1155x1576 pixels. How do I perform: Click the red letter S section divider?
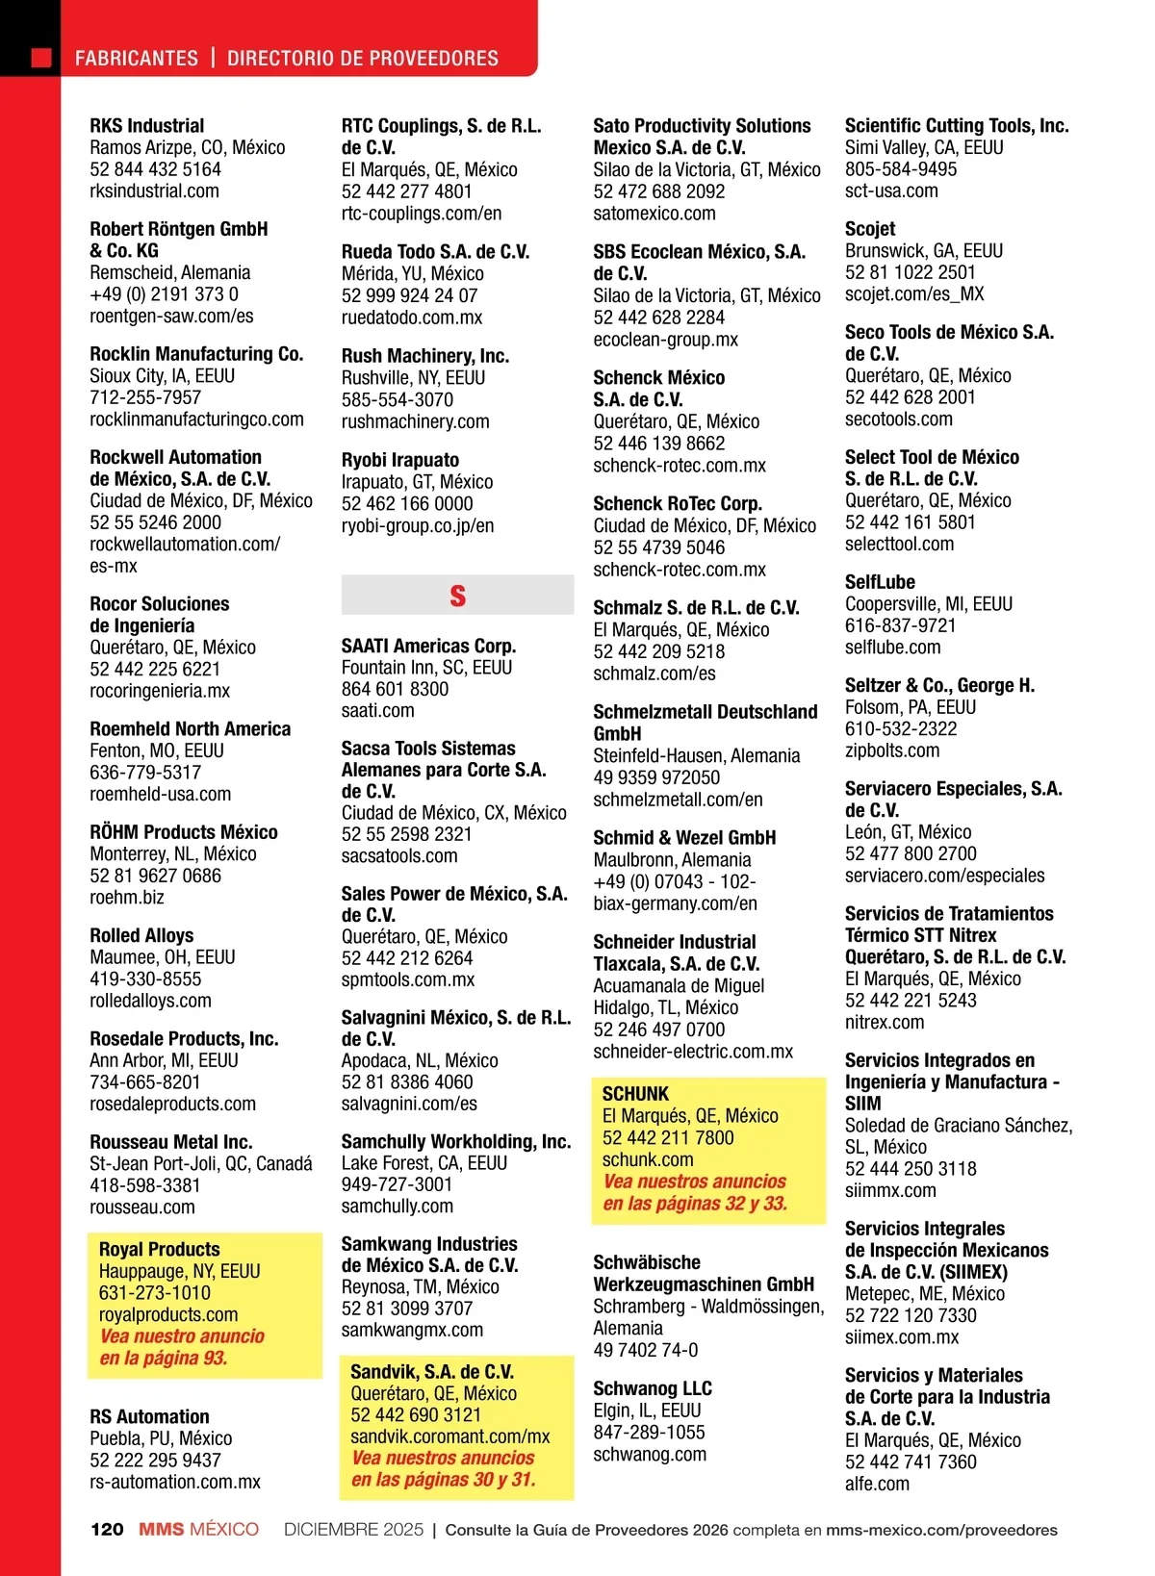(457, 596)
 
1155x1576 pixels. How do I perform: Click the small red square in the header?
(41, 58)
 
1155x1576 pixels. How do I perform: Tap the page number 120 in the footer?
(107, 1529)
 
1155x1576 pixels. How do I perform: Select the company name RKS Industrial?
(147, 126)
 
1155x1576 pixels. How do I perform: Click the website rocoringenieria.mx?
(160, 691)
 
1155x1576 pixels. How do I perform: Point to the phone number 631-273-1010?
(154, 1293)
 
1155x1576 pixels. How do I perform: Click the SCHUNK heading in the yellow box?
(635, 1094)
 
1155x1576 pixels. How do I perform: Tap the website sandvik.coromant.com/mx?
(449, 1436)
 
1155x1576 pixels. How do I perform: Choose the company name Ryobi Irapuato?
(400, 460)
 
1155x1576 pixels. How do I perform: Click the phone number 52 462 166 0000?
(407, 503)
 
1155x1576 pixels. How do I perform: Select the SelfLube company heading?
(880, 582)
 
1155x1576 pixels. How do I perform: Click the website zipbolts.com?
(892, 750)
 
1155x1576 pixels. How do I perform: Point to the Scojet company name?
(870, 229)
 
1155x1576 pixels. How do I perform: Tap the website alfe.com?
(877, 1484)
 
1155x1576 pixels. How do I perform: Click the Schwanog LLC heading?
(653, 1388)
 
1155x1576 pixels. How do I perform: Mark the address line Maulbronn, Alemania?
(672, 860)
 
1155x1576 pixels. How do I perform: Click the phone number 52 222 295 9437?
(155, 1461)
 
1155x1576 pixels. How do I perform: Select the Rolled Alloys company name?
(141, 935)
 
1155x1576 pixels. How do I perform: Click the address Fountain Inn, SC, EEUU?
(426, 668)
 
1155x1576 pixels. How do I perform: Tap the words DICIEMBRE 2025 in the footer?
(353, 1529)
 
